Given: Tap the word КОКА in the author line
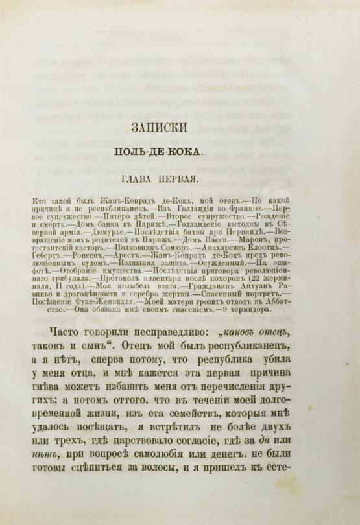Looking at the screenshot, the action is pos(186,151).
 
